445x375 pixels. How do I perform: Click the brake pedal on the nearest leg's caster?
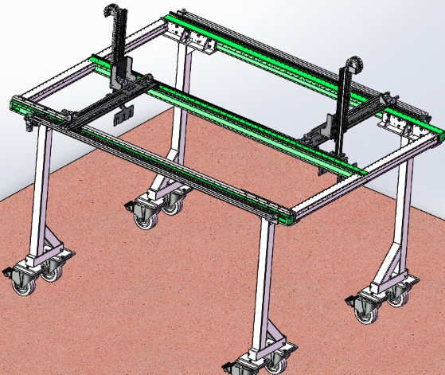pos(229,367)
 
